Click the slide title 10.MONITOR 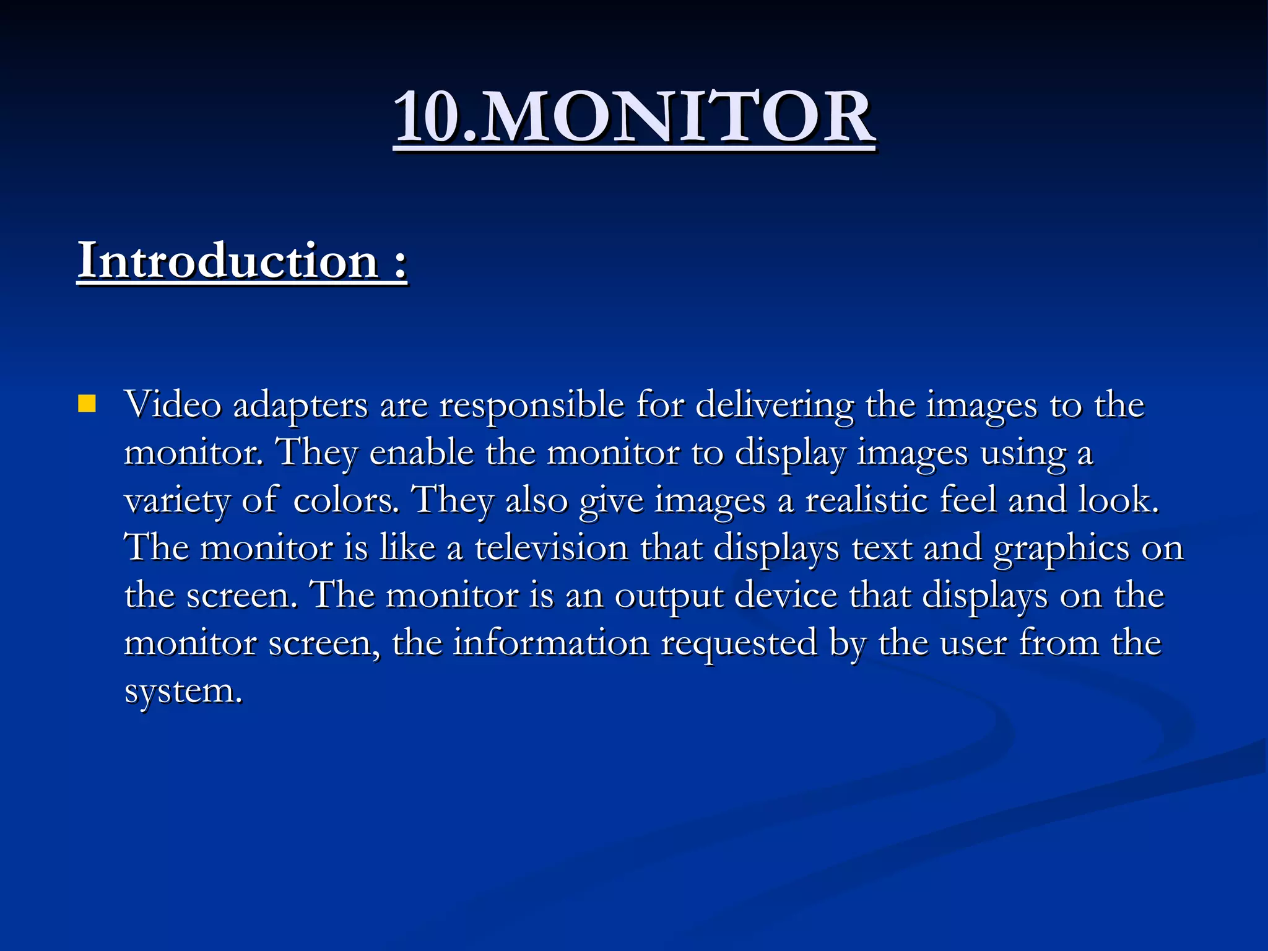point(634,116)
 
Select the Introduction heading point(242,261)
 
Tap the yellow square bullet point(87,404)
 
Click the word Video point(173,406)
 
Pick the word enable point(422,453)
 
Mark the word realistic point(867,500)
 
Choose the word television point(552,549)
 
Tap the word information point(552,643)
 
